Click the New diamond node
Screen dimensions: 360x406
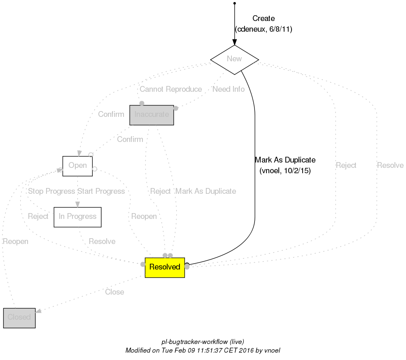point(234,59)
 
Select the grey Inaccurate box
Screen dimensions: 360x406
point(152,115)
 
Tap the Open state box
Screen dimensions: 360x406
point(77,166)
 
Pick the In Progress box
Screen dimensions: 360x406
point(77,217)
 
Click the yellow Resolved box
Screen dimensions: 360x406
point(165,267)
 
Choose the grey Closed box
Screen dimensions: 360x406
point(19,318)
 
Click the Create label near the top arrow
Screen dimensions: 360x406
point(264,19)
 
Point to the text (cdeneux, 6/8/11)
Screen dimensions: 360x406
point(264,30)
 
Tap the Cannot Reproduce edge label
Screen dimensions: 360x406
point(170,89)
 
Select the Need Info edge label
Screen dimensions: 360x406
point(229,89)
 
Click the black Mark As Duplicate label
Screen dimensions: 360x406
point(285,160)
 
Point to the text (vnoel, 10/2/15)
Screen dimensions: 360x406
point(285,171)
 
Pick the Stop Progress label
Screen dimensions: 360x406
point(51,191)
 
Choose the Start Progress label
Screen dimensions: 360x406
point(101,191)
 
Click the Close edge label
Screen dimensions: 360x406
point(114,292)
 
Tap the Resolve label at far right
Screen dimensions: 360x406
point(390,166)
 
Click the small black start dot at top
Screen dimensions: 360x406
point(234,3)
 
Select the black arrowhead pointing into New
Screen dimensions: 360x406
point(234,42)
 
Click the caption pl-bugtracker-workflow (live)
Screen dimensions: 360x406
point(203,342)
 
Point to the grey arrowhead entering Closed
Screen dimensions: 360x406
point(39,312)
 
